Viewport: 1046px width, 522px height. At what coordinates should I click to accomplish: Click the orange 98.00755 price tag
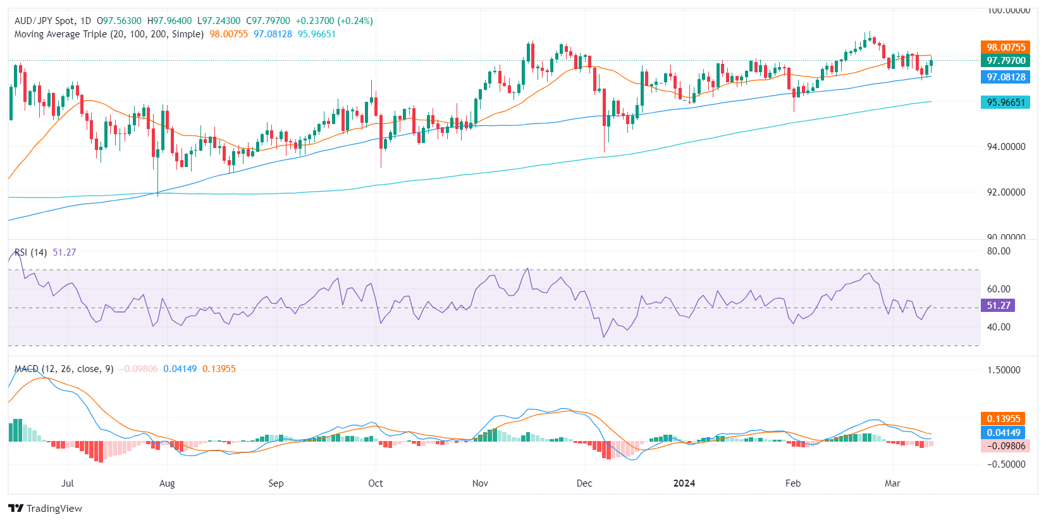[x=1006, y=47]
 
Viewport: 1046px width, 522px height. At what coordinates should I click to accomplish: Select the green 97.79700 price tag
[x=1006, y=61]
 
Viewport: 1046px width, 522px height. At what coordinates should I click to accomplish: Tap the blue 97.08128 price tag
[x=1006, y=77]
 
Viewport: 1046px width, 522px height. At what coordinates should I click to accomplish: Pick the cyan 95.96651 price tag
[x=1006, y=103]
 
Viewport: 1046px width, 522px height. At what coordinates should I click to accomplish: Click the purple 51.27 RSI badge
[x=998, y=306]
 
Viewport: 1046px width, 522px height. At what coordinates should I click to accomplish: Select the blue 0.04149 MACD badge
[x=1003, y=433]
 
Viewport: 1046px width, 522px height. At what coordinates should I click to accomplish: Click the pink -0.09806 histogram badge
[x=1006, y=446]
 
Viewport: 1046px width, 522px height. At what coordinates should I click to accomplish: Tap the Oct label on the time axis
[x=376, y=483]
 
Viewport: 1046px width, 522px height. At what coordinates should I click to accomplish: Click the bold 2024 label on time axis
[x=684, y=483]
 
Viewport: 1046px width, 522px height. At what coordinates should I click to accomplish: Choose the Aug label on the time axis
[x=167, y=483]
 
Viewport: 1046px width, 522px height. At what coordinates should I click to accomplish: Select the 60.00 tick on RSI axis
[x=999, y=289]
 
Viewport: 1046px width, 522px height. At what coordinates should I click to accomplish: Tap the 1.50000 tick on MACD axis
[x=1004, y=370]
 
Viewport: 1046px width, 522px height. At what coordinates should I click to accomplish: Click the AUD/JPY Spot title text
[x=44, y=21]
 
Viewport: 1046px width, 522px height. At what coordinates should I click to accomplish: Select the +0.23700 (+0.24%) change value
[x=335, y=21]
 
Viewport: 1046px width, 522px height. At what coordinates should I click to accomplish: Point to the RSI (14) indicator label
[x=30, y=252]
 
